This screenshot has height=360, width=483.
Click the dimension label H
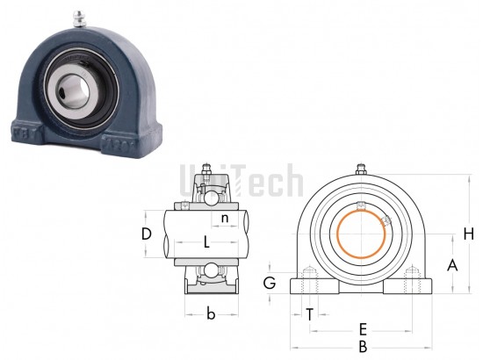click(x=469, y=234)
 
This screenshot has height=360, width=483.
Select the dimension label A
click(x=452, y=265)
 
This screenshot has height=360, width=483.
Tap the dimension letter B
click(x=364, y=347)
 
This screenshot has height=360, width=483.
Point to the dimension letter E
click(x=364, y=329)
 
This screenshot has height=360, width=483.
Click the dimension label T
click(x=310, y=314)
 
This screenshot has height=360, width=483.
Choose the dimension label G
click(x=270, y=283)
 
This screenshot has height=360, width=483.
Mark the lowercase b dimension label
click(x=211, y=314)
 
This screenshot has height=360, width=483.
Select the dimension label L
click(x=206, y=242)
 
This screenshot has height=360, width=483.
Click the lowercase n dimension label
click(x=225, y=218)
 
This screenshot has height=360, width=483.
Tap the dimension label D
click(x=147, y=234)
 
